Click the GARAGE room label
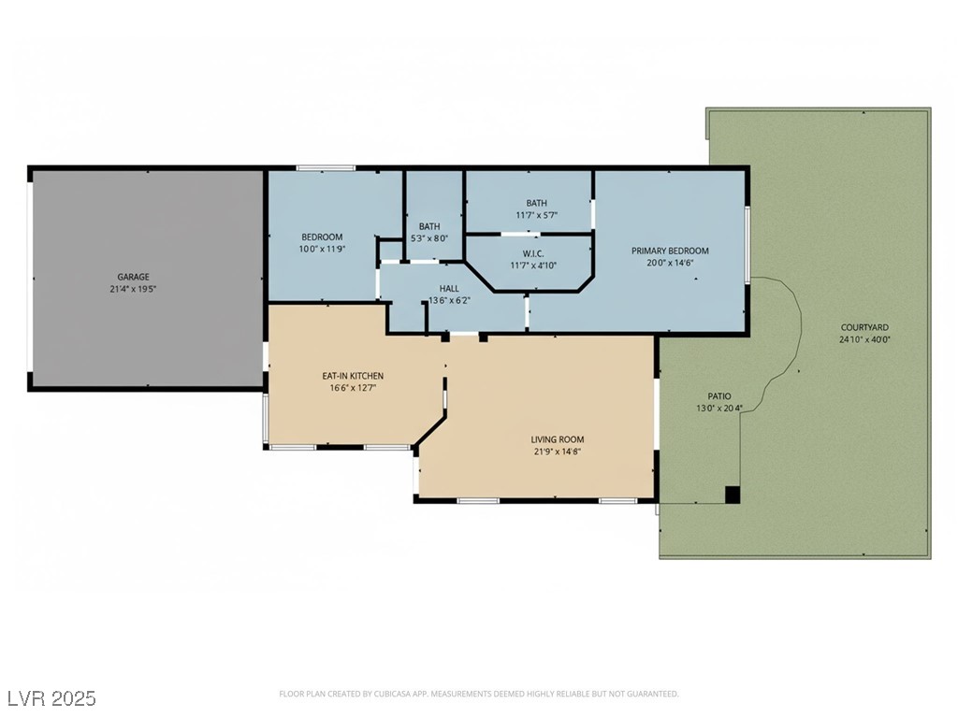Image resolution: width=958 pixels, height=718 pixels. [133, 277]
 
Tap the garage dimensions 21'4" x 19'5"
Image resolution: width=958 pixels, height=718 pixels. [133, 289]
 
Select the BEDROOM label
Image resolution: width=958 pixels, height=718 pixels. [322, 237]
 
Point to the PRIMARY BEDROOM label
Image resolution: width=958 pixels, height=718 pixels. [670, 251]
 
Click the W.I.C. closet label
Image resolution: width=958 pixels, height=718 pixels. [533, 253]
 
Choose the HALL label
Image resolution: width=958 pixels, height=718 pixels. [449, 288]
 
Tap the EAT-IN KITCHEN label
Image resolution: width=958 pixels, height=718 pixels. [353, 376]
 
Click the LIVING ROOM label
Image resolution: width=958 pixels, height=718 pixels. [558, 439]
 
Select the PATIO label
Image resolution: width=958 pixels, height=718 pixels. [719, 396]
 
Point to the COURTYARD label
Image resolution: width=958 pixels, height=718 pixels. [864, 327]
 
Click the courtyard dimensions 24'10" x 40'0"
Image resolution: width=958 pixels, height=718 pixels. [864, 339]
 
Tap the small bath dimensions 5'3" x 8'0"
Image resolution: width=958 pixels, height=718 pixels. [429, 238]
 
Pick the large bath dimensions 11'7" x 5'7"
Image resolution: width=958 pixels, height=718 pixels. [536, 215]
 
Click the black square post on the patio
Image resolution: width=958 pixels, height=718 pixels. [733, 495]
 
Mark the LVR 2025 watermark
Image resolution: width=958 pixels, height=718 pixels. [52, 697]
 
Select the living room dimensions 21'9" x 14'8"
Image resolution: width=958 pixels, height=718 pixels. [558, 452]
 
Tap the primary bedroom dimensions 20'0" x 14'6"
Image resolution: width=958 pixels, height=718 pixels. [670, 263]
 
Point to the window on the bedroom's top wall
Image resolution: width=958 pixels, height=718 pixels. [326, 168]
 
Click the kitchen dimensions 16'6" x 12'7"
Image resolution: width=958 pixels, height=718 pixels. [353, 388]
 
